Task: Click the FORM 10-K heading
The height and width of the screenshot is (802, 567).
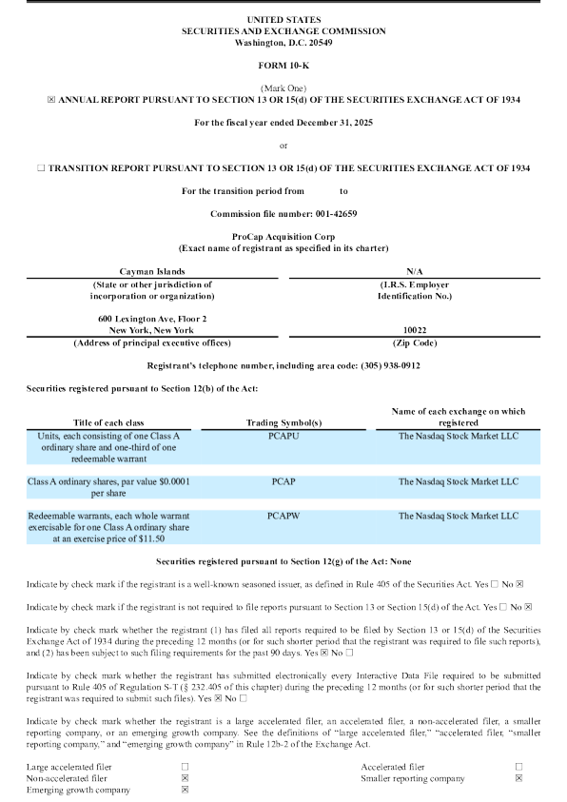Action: pyautogui.click(x=283, y=64)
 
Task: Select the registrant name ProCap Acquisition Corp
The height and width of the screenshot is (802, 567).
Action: pyautogui.click(x=283, y=235)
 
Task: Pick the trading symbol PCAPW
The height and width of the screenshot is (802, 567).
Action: pyautogui.click(x=283, y=516)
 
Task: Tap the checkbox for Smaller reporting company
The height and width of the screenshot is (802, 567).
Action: pyautogui.click(x=519, y=778)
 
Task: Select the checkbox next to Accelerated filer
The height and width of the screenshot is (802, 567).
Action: pyautogui.click(x=519, y=766)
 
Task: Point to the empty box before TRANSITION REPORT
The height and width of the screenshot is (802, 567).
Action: pyautogui.click(x=40, y=167)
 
